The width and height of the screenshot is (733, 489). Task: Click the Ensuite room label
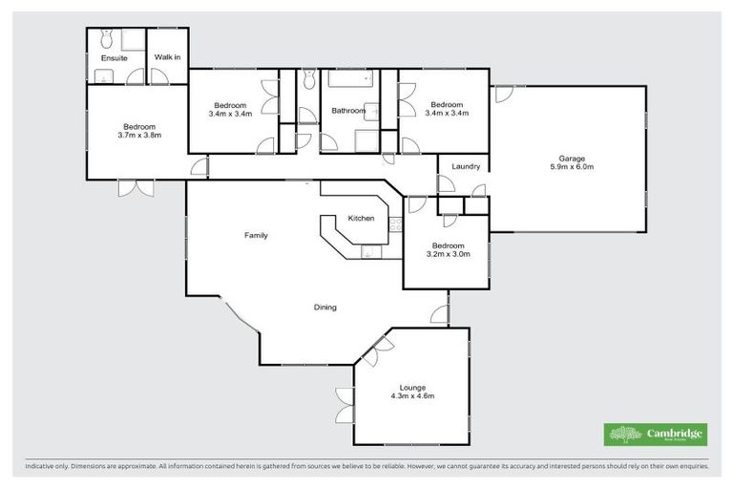(x=115, y=58)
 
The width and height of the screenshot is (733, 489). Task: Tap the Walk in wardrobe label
(x=168, y=58)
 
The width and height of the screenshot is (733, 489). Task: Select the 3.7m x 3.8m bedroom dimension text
(x=140, y=136)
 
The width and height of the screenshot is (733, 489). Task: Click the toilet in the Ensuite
(x=106, y=38)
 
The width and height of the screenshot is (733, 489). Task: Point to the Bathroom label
(x=348, y=111)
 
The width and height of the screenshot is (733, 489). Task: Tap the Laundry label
(x=466, y=167)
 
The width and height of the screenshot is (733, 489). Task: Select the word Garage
(x=572, y=159)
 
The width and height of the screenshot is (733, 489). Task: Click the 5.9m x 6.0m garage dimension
(x=572, y=168)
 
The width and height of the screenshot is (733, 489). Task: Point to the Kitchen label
(x=361, y=219)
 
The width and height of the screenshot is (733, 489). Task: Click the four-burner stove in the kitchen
(x=395, y=225)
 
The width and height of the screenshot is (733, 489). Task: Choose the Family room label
(x=255, y=235)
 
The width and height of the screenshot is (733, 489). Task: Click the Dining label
(x=325, y=308)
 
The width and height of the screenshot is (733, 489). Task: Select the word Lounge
(x=413, y=387)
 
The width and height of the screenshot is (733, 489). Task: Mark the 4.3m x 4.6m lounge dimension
(x=413, y=396)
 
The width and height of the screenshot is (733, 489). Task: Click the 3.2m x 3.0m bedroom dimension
(x=448, y=255)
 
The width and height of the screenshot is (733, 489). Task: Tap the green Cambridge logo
(x=656, y=435)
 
